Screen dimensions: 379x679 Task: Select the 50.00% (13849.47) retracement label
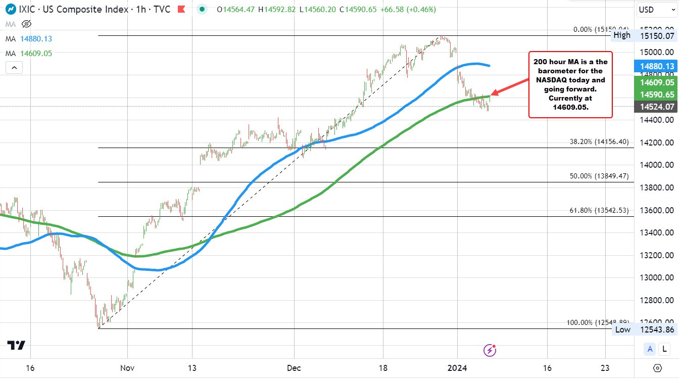tap(599, 176)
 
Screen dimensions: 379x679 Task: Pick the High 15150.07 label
tap(644, 35)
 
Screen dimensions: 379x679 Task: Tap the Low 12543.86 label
tap(644, 329)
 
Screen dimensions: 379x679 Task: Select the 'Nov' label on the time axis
tap(127, 368)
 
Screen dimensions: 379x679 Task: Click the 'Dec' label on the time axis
tap(293, 368)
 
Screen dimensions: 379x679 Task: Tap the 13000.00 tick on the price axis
tap(655, 278)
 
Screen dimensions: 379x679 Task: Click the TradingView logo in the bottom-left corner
tap(16, 345)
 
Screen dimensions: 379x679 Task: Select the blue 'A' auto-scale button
tap(650, 349)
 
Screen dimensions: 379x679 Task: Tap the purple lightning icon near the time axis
tap(489, 350)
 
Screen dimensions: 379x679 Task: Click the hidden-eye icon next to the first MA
tap(27, 24)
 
